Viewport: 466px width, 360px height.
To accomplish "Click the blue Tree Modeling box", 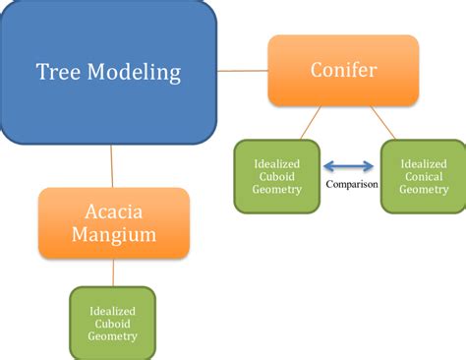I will pos(108,71).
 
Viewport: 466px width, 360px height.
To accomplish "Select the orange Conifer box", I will pos(343,71).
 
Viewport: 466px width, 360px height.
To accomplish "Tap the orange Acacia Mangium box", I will pos(113,222).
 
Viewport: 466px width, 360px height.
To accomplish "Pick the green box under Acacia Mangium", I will pos(112,322).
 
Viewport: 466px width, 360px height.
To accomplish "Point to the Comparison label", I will pos(352,184).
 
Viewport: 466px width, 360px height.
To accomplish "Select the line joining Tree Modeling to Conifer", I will pos(243,71).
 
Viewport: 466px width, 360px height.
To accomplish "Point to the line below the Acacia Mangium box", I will pos(112,272).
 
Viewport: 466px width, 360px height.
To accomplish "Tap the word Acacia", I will pos(113,211).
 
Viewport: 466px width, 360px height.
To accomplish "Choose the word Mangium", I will pos(113,235).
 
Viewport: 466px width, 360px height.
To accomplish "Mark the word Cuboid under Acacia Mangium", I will pos(112,322).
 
